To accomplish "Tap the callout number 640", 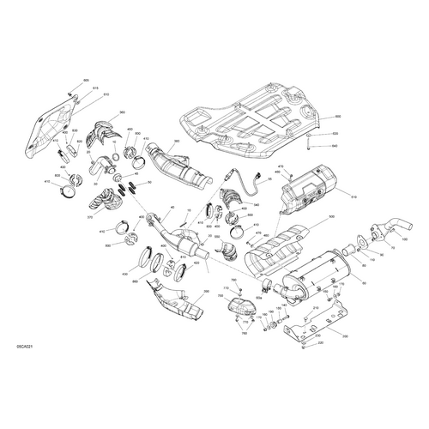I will click(x=336, y=147).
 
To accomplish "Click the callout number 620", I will click(x=336, y=134).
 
